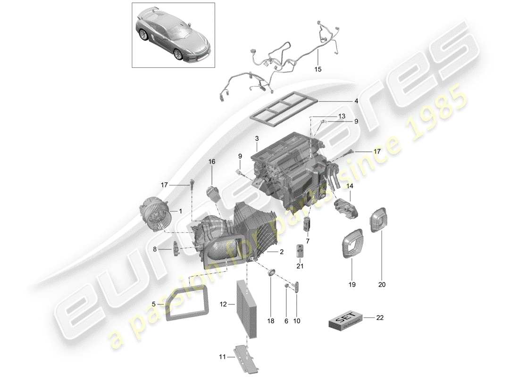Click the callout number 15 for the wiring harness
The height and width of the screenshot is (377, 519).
(x=318, y=69)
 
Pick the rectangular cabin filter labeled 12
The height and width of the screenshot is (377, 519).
(x=247, y=308)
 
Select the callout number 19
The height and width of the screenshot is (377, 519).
(x=352, y=285)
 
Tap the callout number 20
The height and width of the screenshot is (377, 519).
(x=382, y=285)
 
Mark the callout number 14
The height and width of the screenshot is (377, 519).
(x=350, y=186)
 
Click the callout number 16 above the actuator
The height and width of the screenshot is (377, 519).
(x=211, y=162)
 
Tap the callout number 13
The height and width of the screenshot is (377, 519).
(x=328, y=116)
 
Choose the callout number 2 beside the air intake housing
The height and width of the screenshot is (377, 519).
(x=281, y=252)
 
